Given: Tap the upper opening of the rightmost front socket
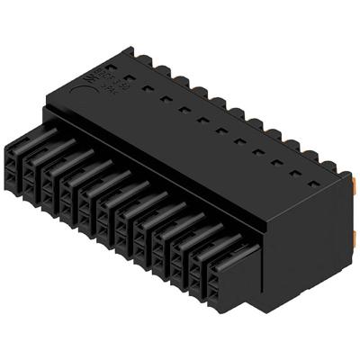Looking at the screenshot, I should point(219,263).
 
